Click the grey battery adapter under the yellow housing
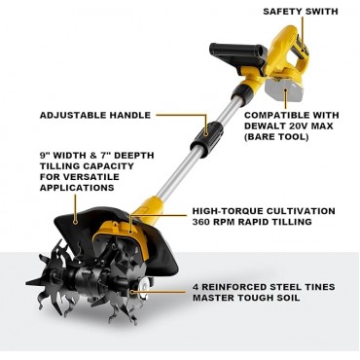pos(292,93)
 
